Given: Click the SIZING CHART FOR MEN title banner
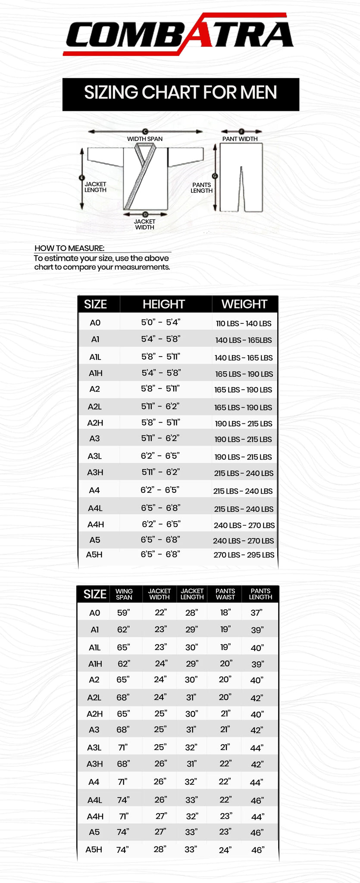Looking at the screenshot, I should [x=180, y=93].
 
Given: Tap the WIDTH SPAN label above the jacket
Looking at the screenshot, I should [x=144, y=139].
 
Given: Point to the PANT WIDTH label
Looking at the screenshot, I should [x=240, y=139].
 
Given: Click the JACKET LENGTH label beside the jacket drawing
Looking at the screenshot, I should [x=95, y=187].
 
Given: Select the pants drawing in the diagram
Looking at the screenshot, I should [x=241, y=178].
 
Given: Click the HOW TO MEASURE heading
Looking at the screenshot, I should [x=69, y=248].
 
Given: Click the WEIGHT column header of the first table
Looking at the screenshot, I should [x=244, y=304].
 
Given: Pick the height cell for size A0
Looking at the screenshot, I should [x=160, y=322].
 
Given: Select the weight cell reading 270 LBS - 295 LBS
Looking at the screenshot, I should [x=244, y=555].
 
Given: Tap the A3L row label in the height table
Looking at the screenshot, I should [x=94, y=456].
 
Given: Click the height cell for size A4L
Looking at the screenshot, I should [x=160, y=508].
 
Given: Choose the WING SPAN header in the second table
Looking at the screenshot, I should [x=124, y=594].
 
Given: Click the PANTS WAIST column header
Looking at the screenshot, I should [x=225, y=594].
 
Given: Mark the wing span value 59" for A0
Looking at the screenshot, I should [x=123, y=613].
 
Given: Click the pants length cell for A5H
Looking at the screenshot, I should [x=257, y=850].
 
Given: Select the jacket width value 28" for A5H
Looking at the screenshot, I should [x=160, y=849].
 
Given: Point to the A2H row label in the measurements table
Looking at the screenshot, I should [x=94, y=714].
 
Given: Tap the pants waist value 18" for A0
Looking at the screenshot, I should [x=225, y=612].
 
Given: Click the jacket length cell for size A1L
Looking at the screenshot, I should [x=191, y=647].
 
